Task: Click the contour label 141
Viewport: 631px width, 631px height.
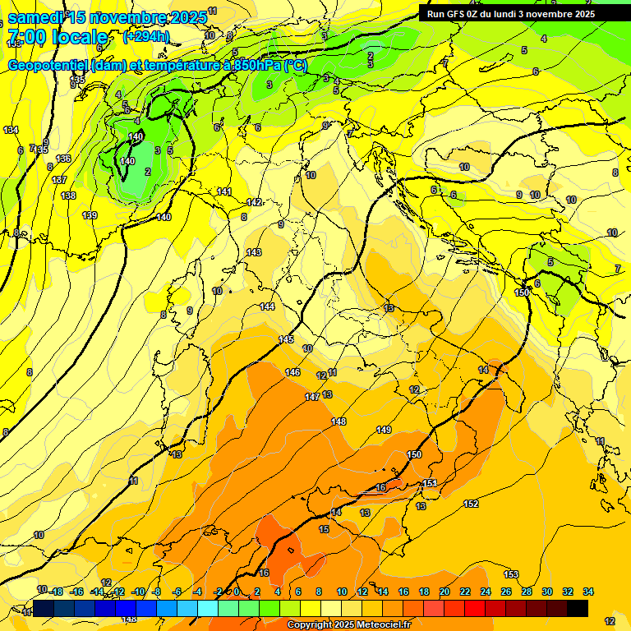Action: click(x=224, y=191)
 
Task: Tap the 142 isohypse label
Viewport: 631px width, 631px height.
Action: click(x=255, y=202)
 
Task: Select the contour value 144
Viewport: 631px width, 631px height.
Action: click(x=267, y=306)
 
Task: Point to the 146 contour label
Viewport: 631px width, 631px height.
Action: click(x=292, y=372)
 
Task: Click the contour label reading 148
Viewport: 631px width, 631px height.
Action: click(x=339, y=421)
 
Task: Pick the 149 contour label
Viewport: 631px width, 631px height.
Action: click(x=384, y=430)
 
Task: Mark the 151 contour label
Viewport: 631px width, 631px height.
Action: click(x=430, y=483)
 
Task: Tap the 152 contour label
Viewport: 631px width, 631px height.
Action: click(x=471, y=504)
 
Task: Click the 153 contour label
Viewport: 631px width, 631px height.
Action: click(x=511, y=574)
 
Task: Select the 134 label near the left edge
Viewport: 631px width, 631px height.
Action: click(x=11, y=131)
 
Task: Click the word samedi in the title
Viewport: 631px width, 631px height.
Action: click(x=36, y=17)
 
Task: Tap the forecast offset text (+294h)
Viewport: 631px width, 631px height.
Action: click(x=146, y=36)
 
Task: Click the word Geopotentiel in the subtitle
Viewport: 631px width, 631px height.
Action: click(x=48, y=65)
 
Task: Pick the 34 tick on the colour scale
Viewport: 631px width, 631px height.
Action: click(x=587, y=592)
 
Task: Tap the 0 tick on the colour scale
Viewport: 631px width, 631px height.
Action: click(x=237, y=592)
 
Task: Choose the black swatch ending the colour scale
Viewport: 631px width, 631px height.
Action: click(x=577, y=608)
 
